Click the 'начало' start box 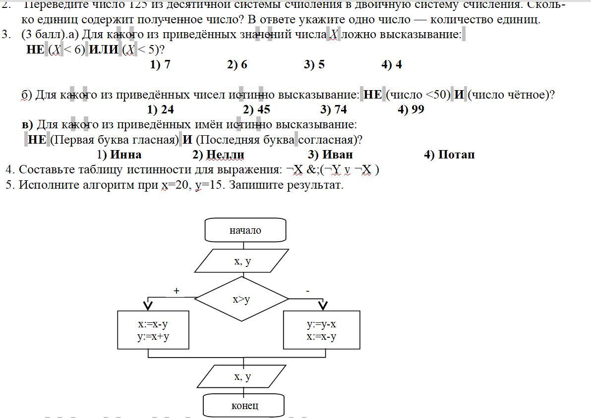[x=245, y=230]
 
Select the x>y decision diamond [x=241, y=299]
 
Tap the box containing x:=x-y [x=153, y=330]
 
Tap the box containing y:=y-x [x=321, y=330]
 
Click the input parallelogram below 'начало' [x=242, y=261]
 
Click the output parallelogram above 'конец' [x=242, y=377]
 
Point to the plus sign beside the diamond [x=176, y=291]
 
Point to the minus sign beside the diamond [x=308, y=291]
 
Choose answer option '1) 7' [x=160, y=64]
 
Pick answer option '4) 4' [x=392, y=64]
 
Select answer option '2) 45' [x=256, y=109]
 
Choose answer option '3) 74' [x=334, y=109]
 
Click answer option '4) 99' [x=411, y=109]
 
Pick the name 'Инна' [x=125, y=155]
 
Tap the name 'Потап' [x=456, y=155]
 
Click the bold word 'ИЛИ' [x=103, y=50]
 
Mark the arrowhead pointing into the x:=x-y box [x=148, y=305]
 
